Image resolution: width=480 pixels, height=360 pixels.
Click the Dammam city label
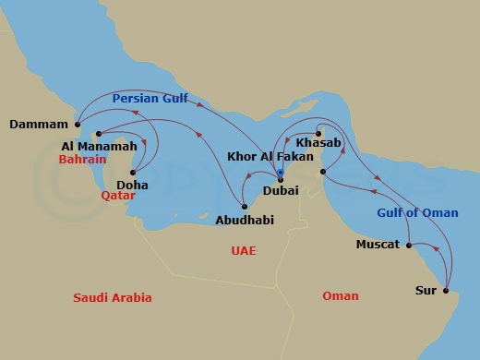39,125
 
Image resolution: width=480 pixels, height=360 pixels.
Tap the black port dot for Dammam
78,125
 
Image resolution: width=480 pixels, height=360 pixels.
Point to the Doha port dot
134,172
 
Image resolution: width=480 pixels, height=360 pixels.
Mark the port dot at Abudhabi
244,206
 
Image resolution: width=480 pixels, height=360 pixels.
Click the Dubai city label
281,190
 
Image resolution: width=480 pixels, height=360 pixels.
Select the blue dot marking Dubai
280,173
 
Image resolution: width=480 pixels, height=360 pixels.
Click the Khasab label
319,143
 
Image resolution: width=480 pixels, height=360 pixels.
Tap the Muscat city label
378,245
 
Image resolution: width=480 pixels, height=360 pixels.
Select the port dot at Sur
446,291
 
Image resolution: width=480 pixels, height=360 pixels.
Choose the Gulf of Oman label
417,213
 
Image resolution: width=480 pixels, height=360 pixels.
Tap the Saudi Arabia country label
113,297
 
